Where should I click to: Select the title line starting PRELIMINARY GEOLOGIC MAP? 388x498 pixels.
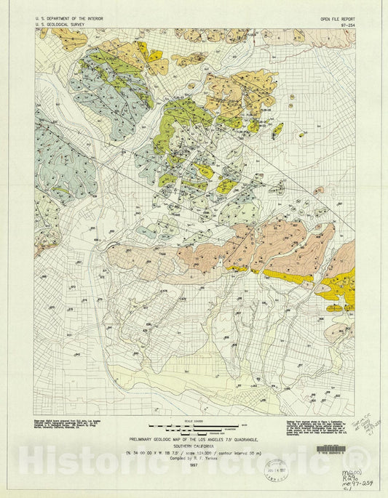(x=193, y=438)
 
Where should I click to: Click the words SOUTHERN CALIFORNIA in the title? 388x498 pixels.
(x=193, y=446)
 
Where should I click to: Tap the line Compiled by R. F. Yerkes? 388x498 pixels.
(x=193, y=462)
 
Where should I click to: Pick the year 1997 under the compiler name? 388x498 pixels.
(x=193, y=470)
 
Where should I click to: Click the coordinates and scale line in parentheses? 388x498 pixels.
(x=193, y=454)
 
